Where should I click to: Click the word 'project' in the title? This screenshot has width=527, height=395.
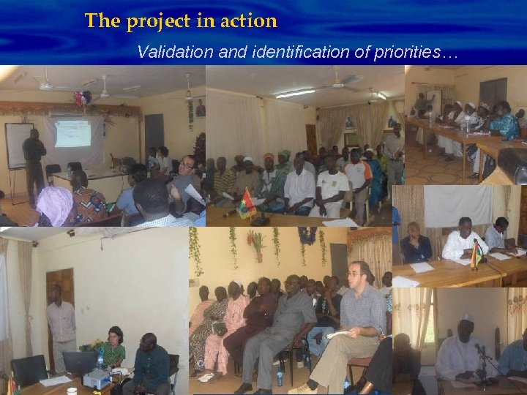tap(154, 21)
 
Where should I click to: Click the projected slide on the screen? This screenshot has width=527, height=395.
tap(72, 134)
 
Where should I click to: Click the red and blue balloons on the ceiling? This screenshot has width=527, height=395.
tap(82, 98)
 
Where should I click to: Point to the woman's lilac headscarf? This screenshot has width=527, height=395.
tap(55, 206)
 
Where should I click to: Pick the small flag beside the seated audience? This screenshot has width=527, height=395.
tap(246, 202)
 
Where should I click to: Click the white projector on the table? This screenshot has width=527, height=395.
tap(97, 377)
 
